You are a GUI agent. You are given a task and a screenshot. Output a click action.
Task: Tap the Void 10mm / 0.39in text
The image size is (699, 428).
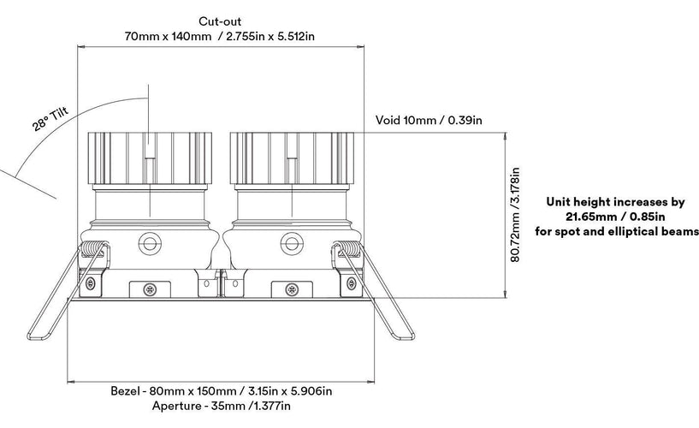pos(429,120)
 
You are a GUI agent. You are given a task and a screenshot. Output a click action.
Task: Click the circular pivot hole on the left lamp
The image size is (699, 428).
pos(151,243)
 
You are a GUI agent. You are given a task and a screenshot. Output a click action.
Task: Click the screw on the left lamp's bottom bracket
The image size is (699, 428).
pos(151,288)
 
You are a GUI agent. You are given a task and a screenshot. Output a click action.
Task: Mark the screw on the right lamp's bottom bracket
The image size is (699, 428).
pos(293,288)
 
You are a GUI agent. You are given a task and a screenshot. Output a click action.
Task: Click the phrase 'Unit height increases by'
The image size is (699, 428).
pos(616,203)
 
